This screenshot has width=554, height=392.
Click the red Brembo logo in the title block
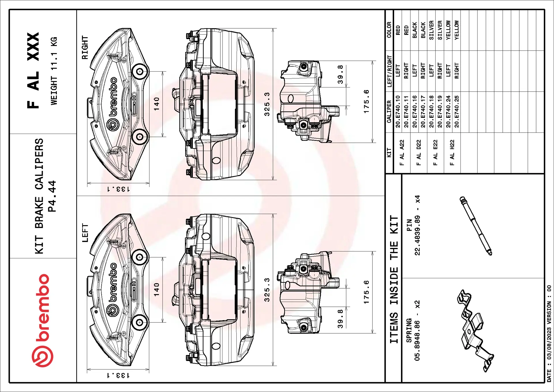42,320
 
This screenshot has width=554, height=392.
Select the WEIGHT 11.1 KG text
54,71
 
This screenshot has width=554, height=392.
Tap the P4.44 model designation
52,196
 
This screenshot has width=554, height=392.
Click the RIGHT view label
85,48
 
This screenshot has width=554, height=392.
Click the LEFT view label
85,233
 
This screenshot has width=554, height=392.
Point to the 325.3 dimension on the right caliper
267,104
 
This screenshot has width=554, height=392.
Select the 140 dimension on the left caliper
156,290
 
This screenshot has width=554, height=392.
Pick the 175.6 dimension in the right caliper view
366,101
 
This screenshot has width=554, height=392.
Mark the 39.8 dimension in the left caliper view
340,319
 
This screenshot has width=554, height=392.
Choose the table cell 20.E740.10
398,111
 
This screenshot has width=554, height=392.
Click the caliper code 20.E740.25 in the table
456,111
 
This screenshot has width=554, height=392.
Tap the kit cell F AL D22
418,153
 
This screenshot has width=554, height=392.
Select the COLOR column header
389,30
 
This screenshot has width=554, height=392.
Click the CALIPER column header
389,112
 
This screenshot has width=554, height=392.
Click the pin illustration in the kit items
476,226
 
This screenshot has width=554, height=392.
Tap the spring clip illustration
475,331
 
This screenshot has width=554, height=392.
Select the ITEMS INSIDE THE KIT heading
394,279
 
